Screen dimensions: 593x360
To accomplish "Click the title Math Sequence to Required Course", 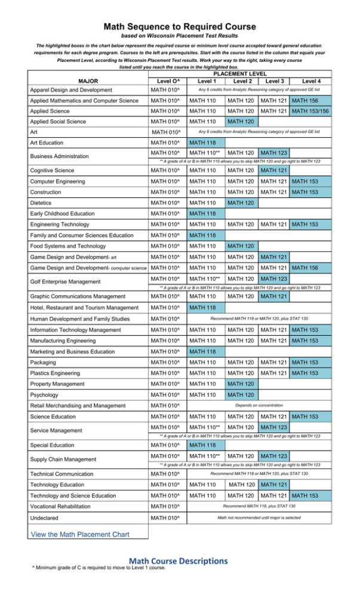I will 180,27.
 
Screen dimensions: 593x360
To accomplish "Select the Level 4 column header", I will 311,80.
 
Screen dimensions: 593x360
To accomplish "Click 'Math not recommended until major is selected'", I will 257,518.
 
